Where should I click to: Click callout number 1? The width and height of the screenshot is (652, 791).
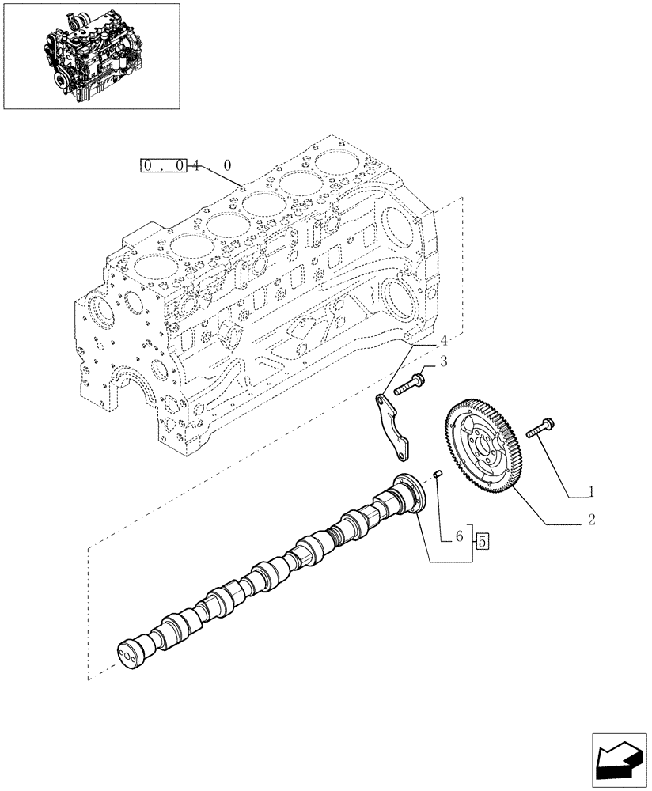click(x=589, y=492)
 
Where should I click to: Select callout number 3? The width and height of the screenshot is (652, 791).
click(x=444, y=362)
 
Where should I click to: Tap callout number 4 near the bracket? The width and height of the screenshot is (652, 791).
click(x=444, y=340)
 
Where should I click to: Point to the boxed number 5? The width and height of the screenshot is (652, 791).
click(x=483, y=542)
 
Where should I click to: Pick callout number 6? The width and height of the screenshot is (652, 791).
click(x=458, y=536)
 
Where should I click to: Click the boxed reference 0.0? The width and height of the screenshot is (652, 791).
click(x=162, y=166)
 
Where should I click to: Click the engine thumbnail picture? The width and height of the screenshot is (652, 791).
click(x=91, y=55)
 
